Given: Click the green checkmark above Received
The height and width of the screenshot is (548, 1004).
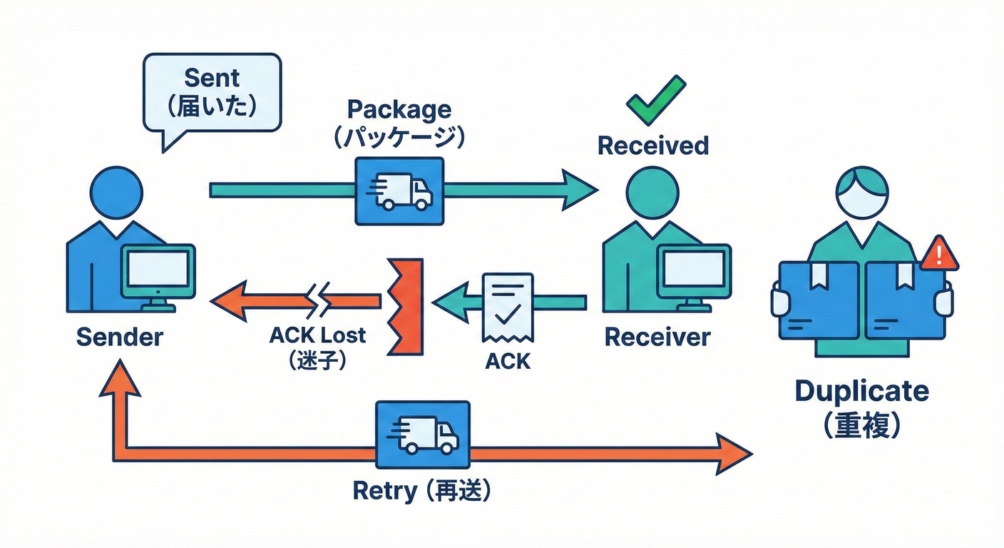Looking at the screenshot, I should click(655, 100).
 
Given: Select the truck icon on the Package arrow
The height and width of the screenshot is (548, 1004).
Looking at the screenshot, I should click(399, 190).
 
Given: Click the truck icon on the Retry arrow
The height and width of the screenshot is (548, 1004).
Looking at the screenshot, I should click(423, 433).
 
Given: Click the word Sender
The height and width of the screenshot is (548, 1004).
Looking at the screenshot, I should click(119, 337).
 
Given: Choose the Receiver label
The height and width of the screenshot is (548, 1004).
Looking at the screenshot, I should click(657, 337).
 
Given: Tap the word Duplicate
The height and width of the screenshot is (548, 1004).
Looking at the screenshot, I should click(861, 391).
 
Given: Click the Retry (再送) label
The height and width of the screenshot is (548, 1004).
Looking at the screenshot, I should click(423, 491).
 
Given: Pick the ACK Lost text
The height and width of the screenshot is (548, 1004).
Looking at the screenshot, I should click(317, 335).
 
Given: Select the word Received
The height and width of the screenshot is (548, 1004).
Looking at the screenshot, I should click(653, 146).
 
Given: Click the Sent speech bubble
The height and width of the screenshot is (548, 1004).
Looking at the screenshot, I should click(212, 93).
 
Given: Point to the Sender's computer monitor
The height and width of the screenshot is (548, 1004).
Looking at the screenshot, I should click(158, 271).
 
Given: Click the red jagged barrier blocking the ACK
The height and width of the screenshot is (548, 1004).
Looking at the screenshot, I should click(406, 306).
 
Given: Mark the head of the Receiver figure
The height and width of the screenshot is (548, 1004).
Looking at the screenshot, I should click(652, 193).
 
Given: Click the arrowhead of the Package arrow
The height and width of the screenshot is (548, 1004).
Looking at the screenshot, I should click(578, 190).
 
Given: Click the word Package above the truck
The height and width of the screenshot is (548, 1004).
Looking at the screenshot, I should click(399, 110).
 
